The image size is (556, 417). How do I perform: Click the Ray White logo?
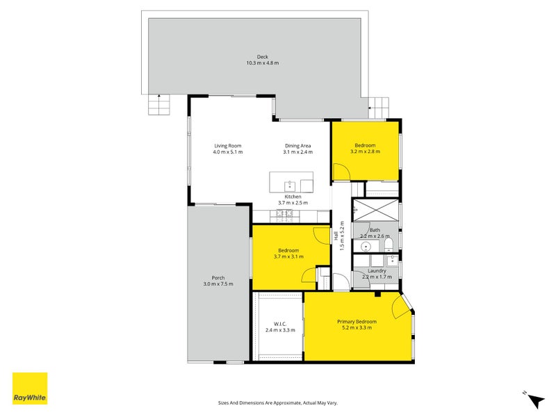tap(30, 389)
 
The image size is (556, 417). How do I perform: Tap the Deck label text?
tap(262, 57)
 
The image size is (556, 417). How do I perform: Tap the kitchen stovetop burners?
tap(284, 213)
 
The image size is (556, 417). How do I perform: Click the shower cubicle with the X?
tap(375, 209)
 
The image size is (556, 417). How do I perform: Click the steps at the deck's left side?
tap(158, 105)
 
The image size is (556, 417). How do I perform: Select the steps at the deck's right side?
tap(379, 107)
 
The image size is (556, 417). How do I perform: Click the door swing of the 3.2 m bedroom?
tap(341, 171)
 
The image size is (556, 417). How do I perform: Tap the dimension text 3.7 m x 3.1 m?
tap(288, 256)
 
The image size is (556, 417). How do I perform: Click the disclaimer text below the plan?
tap(277, 402)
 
